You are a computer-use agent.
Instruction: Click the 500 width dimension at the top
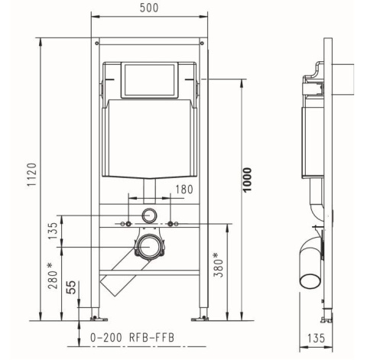point(149,8)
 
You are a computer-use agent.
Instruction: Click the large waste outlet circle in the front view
point(149,247)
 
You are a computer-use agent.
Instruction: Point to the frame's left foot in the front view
point(95,316)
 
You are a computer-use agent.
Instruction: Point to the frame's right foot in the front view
point(204,316)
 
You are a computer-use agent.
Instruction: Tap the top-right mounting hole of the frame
point(201,44)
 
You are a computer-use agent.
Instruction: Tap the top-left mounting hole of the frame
point(96,44)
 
